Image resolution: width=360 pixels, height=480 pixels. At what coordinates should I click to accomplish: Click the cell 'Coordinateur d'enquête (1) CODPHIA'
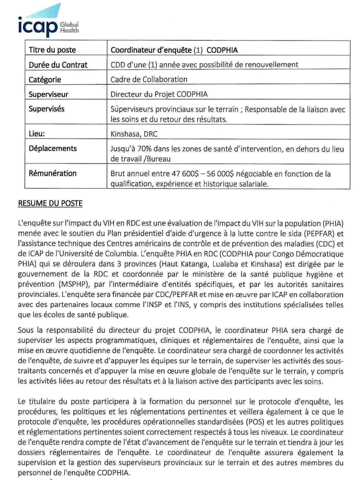[x=174, y=51]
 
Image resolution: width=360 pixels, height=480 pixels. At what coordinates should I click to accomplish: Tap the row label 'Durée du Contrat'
[x=57, y=65]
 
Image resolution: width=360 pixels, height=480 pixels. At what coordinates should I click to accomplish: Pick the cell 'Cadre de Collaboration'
[x=149, y=79]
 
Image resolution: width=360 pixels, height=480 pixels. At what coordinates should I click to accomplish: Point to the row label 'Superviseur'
[x=49, y=94]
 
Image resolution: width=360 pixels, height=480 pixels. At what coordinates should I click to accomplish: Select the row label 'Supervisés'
[x=47, y=109]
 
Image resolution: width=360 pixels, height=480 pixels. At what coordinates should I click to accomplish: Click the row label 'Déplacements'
[x=52, y=149]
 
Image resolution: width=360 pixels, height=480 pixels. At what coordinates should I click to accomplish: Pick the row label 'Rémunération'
[x=53, y=174]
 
